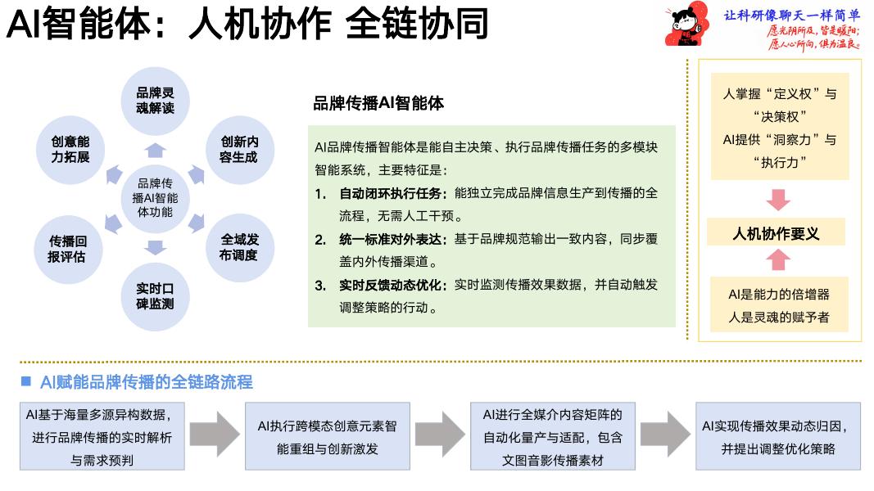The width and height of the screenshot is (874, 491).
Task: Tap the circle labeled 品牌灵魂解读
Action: point(155,101)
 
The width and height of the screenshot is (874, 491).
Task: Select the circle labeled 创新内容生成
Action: point(238,149)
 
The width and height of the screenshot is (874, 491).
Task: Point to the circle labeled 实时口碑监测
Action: point(155,295)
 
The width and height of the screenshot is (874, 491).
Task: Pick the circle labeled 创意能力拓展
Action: point(70,149)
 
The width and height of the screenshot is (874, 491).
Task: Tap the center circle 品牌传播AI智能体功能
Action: point(155,198)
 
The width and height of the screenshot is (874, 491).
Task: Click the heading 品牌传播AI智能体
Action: point(378,103)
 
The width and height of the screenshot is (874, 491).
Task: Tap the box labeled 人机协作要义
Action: point(776,234)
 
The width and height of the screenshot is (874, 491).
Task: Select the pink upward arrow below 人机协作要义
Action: point(777,260)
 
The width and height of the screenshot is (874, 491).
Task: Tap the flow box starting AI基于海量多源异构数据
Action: point(102,436)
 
